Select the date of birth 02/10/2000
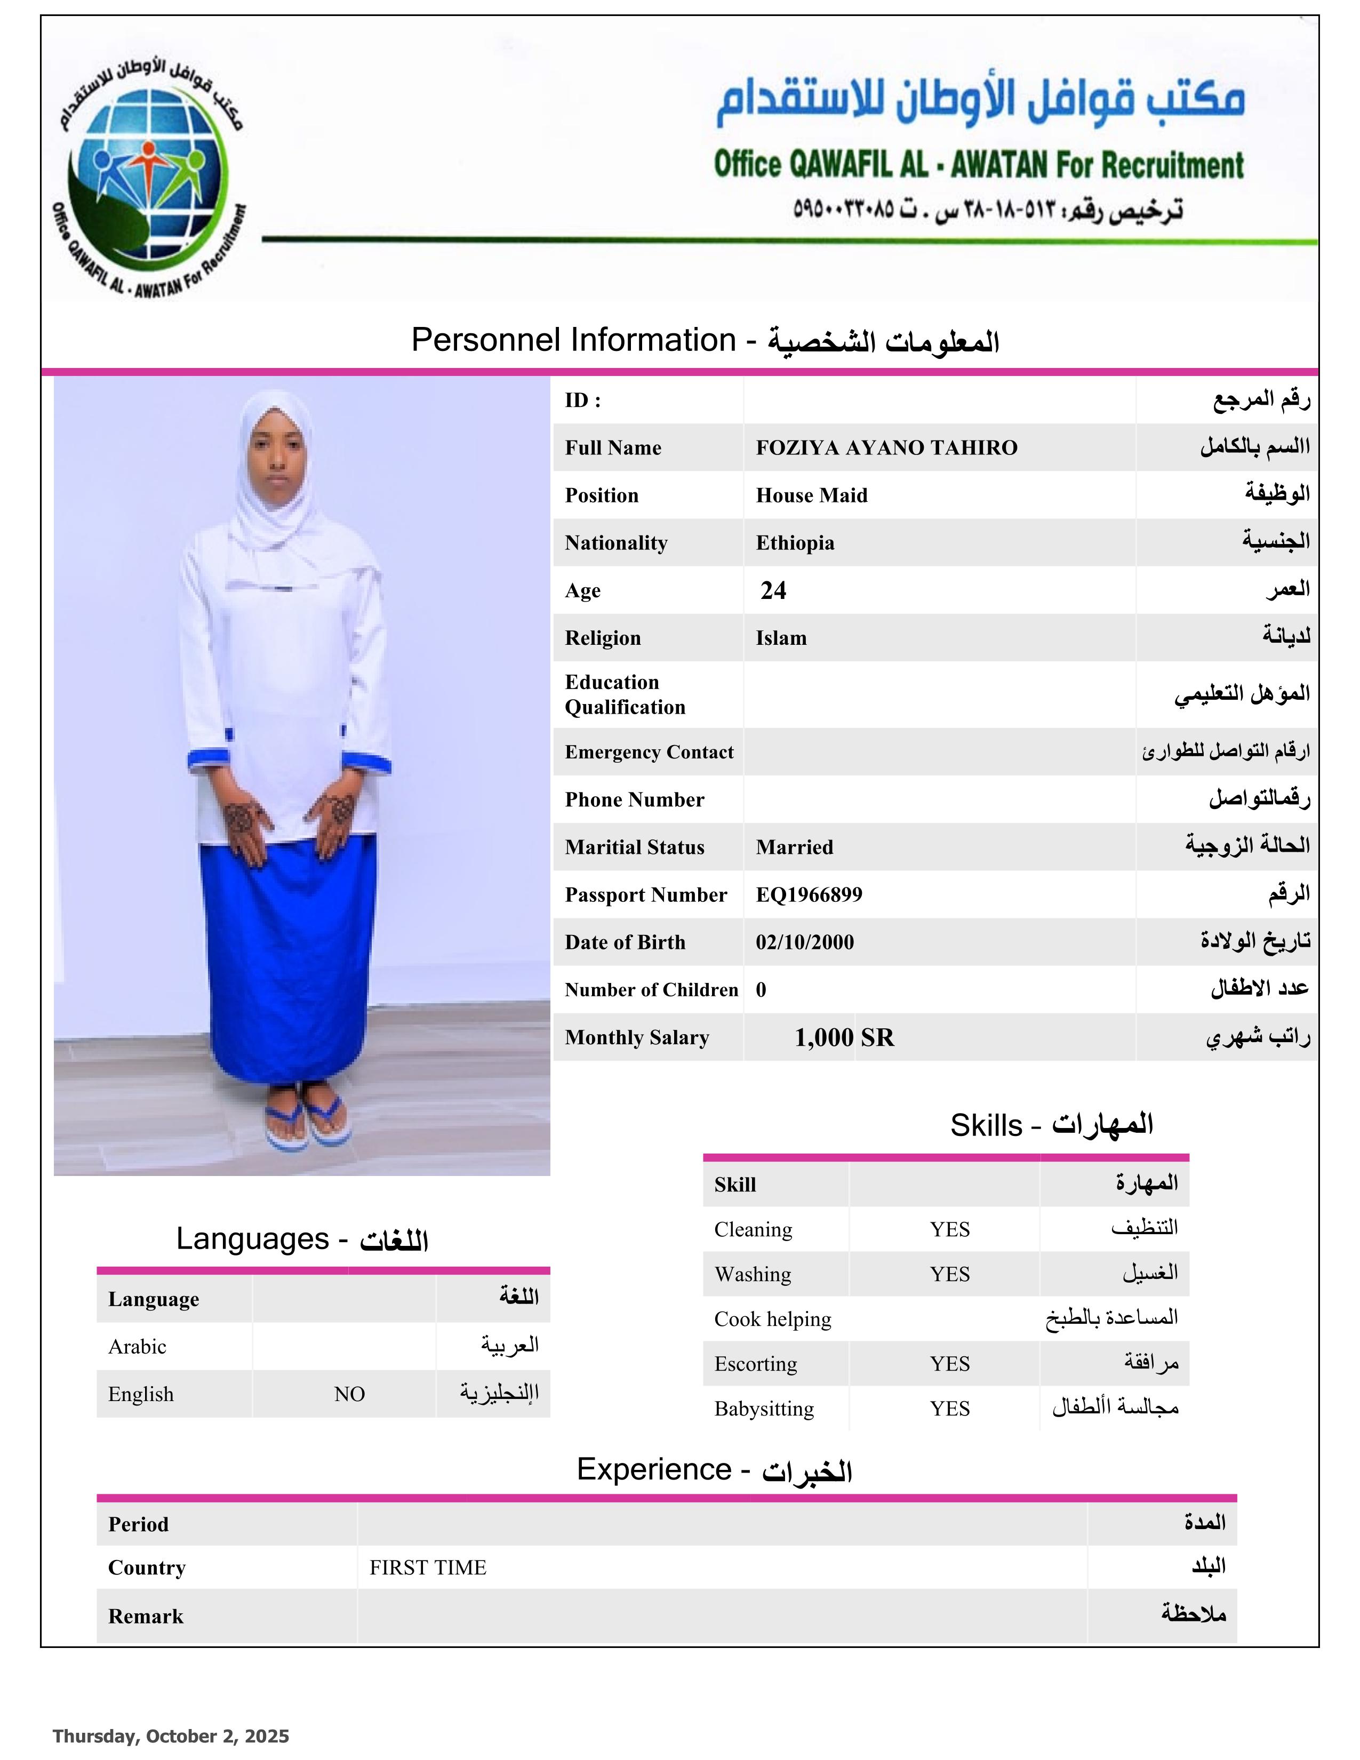click(804, 942)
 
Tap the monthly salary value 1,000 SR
click(844, 1037)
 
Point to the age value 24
click(773, 591)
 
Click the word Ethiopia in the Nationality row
click(795, 543)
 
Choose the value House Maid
click(811, 495)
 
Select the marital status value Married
click(794, 847)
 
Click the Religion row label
click(603, 638)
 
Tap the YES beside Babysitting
click(949, 1409)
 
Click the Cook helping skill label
click(772, 1319)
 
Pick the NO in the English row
click(349, 1394)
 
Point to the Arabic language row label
click(137, 1347)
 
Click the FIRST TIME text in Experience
click(428, 1567)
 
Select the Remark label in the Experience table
click(146, 1617)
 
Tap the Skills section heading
click(1051, 1125)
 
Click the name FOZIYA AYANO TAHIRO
click(886, 448)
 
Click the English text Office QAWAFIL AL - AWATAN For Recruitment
click(978, 165)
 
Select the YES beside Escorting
click(949, 1364)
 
